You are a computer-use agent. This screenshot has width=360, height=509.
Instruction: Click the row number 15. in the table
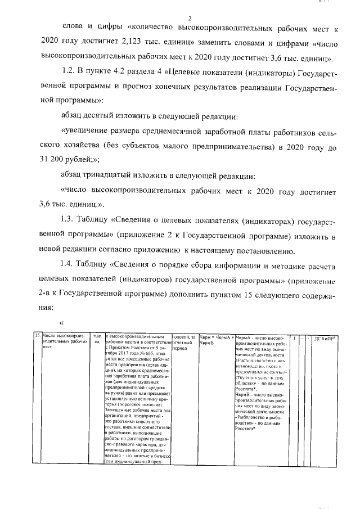[37, 336]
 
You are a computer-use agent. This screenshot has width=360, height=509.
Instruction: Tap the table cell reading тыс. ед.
[97, 339]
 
